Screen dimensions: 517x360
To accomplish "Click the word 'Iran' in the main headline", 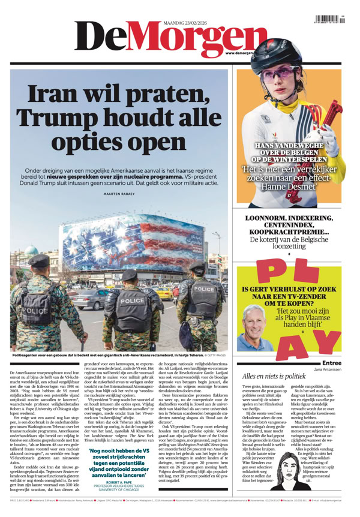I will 57,95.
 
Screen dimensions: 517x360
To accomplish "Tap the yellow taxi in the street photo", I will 164,293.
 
